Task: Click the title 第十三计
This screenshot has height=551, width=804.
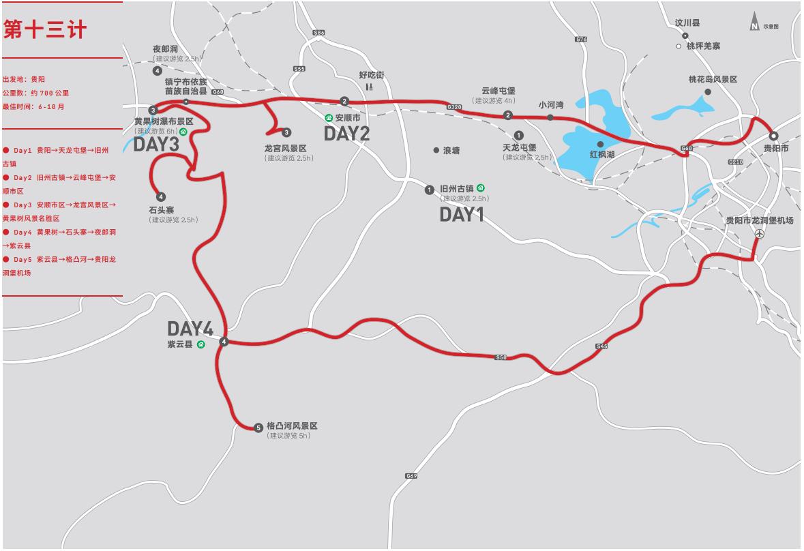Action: click(45, 30)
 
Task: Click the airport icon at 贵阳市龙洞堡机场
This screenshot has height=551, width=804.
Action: click(760, 233)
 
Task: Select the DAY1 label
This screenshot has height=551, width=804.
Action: click(461, 215)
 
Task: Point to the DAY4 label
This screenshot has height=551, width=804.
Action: click(190, 329)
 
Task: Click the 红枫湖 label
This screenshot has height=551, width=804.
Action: click(602, 155)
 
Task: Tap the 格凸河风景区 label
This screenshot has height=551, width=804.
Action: click(292, 426)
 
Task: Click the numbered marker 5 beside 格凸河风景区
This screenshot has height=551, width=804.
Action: click(258, 428)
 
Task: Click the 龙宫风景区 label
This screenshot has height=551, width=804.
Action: click(286, 148)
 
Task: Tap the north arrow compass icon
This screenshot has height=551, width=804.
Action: click(755, 22)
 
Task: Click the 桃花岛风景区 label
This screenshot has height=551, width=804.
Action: click(713, 80)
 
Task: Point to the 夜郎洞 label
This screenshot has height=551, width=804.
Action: click(166, 49)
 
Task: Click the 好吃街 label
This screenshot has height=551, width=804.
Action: click(372, 74)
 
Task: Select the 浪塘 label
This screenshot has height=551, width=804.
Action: click(451, 150)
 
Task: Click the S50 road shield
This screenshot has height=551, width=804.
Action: click(501, 357)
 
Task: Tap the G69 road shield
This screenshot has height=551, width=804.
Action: click(411, 476)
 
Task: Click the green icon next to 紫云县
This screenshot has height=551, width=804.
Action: click(201, 344)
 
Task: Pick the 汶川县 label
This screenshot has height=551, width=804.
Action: click(687, 23)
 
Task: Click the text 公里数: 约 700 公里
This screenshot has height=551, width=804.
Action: click(35, 93)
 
